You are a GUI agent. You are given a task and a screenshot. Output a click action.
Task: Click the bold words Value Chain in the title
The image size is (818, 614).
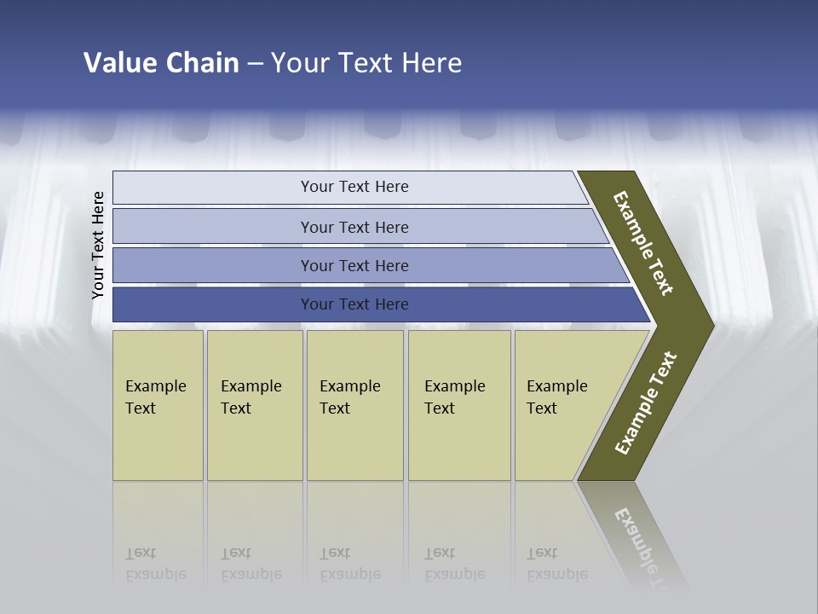(161, 62)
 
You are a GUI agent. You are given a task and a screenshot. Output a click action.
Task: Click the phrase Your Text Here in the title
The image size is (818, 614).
(366, 62)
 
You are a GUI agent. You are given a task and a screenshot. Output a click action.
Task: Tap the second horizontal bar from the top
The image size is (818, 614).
(354, 227)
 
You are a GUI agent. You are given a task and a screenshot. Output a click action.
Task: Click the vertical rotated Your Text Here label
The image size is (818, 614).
(98, 245)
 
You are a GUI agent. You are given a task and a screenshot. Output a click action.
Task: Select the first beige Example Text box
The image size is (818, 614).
(158, 404)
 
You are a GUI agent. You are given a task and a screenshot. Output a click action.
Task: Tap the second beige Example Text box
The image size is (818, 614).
(254, 404)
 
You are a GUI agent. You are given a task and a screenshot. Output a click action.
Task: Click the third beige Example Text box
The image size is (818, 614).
(354, 404)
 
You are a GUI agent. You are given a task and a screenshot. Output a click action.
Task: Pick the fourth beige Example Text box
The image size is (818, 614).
(459, 404)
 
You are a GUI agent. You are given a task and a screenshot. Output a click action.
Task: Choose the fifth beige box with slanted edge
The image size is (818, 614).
(562, 404)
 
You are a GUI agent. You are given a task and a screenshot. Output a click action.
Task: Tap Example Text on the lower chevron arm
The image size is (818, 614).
(646, 403)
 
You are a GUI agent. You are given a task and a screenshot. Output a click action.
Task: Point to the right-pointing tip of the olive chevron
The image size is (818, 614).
(711, 325)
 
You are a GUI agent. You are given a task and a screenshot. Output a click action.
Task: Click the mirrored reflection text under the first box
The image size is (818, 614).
(155, 564)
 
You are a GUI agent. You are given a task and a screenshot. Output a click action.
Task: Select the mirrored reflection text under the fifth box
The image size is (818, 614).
(557, 564)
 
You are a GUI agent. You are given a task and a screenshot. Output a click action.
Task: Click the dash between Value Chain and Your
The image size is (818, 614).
(255, 64)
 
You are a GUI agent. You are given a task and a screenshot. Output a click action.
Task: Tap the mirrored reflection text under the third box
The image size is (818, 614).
(349, 564)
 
